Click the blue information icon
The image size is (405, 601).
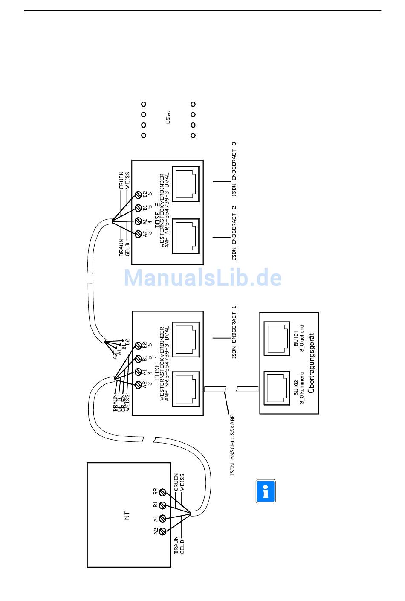point(266,491)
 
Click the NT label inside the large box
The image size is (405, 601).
point(127,515)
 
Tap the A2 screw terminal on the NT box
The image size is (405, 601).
point(162,531)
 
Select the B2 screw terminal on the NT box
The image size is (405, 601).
point(162,491)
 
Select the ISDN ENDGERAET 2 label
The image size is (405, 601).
point(234,232)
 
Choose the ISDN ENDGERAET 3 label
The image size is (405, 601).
point(234,169)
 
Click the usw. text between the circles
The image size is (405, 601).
point(168,118)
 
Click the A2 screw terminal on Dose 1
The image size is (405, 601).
point(138,385)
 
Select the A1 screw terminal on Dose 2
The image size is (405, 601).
point(138,221)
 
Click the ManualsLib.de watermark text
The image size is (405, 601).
point(202,278)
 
